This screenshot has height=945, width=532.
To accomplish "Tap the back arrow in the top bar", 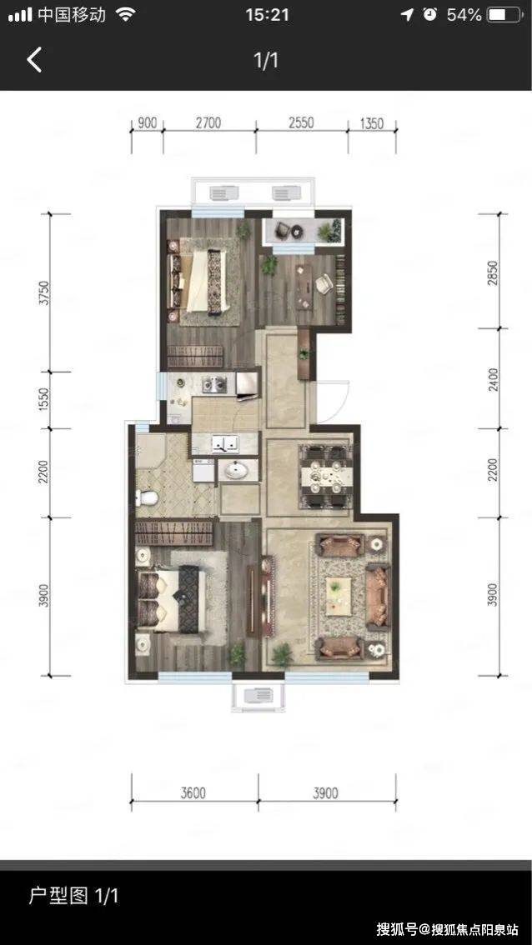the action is pyautogui.click(x=34, y=60).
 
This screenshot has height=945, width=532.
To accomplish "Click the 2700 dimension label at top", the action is pyautogui.click(x=208, y=123).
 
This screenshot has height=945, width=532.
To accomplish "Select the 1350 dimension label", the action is pyautogui.click(x=372, y=123).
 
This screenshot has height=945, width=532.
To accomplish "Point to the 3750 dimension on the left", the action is pyautogui.click(x=44, y=292).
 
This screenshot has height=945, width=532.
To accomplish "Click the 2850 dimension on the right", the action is pyautogui.click(x=494, y=272).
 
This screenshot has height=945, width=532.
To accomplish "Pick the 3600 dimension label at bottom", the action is pyautogui.click(x=193, y=793).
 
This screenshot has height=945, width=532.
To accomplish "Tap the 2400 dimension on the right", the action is pyautogui.click(x=494, y=380).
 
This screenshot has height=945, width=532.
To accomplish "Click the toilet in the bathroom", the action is pyautogui.click(x=147, y=497).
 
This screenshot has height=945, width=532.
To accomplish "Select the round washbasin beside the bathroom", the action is pyautogui.click(x=237, y=469).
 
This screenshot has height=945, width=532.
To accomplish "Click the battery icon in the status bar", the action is pyautogui.click(x=504, y=15).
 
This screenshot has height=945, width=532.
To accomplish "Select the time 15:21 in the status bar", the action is pyautogui.click(x=267, y=15).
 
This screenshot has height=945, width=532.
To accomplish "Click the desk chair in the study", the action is pyautogui.click(x=324, y=282).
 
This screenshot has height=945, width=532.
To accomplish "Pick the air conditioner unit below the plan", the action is pyautogui.click(x=258, y=696).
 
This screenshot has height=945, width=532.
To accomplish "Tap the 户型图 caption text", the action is pyautogui.click(x=58, y=896).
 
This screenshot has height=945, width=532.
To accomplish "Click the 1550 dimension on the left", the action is pyautogui.click(x=44, y=399).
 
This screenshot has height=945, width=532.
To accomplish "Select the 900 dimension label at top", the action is pyautogui.click(x=147, y=123).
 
